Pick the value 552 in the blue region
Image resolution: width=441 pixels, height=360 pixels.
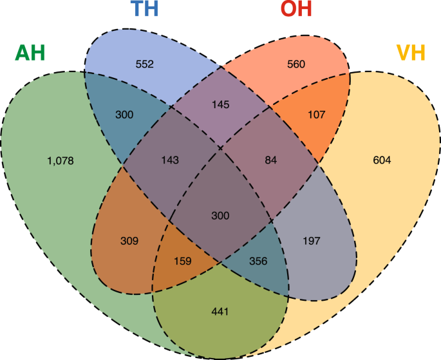point(145,64)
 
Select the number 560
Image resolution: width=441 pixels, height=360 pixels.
point(296,64)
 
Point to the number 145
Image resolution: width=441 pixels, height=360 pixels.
point(221,104)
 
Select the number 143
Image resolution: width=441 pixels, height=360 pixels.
point(170,160)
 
